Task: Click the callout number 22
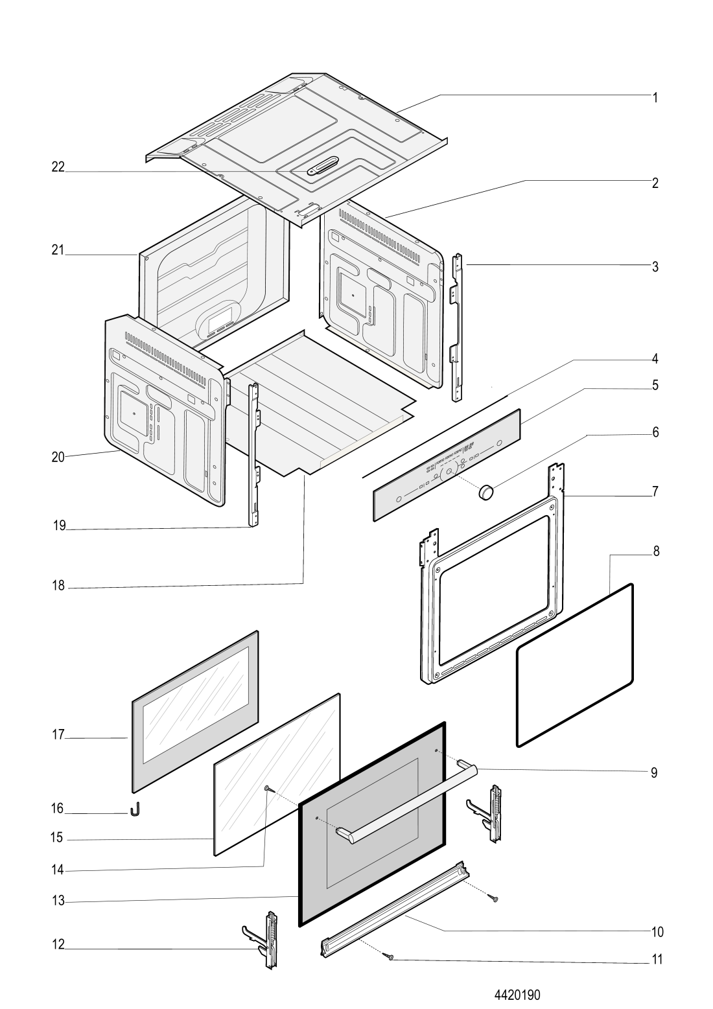point(58,167)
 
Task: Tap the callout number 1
point(655,98)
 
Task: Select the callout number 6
point(655,432)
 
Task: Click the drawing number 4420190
point(517,994)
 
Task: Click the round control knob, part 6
point(485,491)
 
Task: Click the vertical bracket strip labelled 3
point(457,327)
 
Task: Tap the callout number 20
point(58,457)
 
